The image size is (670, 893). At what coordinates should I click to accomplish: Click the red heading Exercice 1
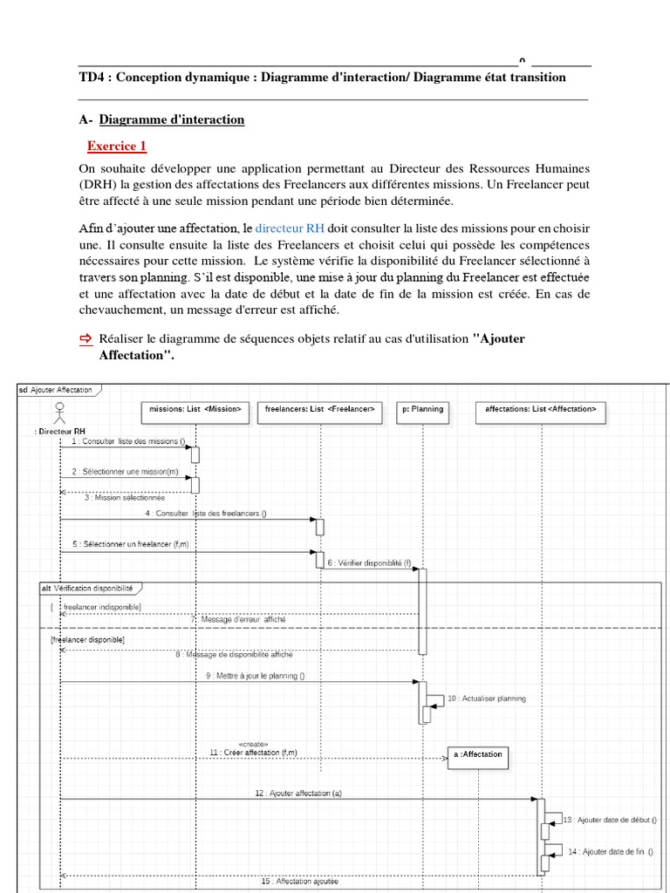[117, 147]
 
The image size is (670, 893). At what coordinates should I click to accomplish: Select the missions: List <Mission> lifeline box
[195, 409]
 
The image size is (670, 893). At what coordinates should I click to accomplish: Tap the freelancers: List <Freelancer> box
[320, 409]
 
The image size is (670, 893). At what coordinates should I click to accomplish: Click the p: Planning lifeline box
[422, 409]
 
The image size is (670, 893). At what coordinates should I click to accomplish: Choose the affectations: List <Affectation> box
[541, 409]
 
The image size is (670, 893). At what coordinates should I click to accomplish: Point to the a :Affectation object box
[477, 754]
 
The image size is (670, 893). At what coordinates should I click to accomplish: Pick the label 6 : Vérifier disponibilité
[369, 563]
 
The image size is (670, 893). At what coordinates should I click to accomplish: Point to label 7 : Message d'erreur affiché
[238, 619]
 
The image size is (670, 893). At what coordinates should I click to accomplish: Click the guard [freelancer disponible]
[88, 639]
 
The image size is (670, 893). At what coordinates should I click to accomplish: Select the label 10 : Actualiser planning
[486, 699]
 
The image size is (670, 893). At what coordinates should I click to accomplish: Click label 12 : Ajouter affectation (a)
[298, 794]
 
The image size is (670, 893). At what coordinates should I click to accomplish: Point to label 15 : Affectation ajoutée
[299, 882]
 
